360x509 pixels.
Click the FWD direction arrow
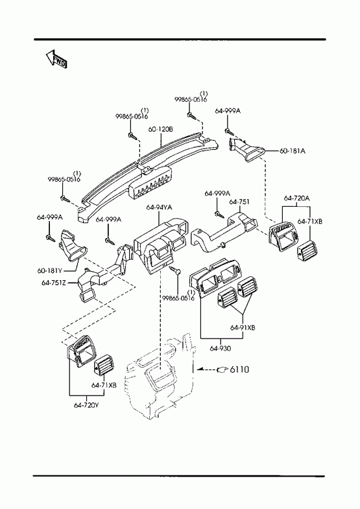[x=56, y=59]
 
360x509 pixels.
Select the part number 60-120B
[x=161, y=129]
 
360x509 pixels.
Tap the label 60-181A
[x=293, y=151]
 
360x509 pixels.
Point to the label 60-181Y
[x=49, y=270]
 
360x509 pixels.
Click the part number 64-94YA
[x=159, y=207]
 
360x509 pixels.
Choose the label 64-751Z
[x=54, y=283]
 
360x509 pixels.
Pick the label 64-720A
[x=296, y=198]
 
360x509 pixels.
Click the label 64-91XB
[x=243, y=327]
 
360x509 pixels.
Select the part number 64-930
[x=221, y=349]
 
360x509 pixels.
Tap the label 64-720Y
[x=86, y=405]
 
